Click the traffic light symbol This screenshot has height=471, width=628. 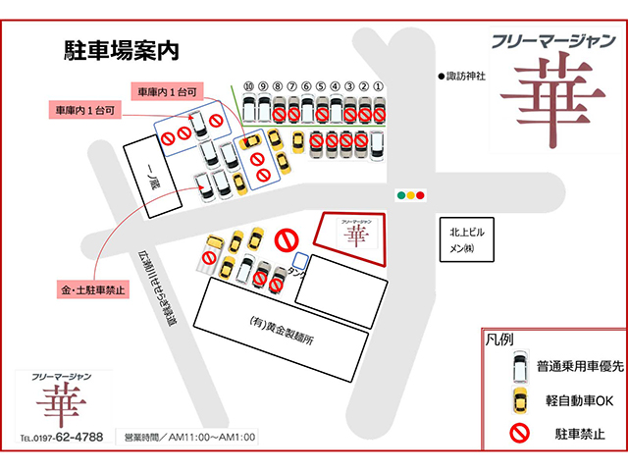pyautogui.click(x=410, y=195)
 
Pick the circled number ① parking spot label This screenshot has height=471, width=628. pyautogui.click(x=379, y=86)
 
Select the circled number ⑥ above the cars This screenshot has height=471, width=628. pyautogui.click(x=307, y=86)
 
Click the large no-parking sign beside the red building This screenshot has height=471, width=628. pyautogui.click(x=287, y=239)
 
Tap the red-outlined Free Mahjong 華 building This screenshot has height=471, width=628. pyautogui.click(x=352, y=237)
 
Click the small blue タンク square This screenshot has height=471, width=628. pyautogui.click(x=301, y=260)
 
